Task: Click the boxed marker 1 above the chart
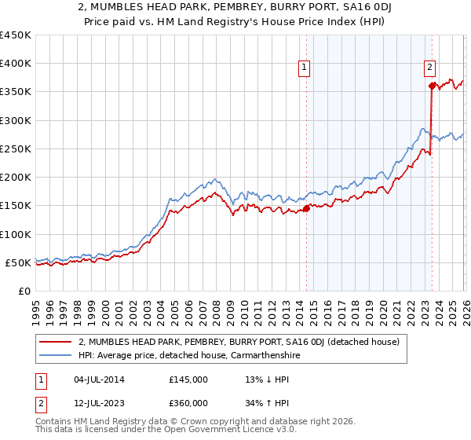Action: click(305, 68)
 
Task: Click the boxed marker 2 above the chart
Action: click(430, 68)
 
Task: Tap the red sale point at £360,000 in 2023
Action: click(431, 86)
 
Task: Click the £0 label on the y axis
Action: click(24, 291)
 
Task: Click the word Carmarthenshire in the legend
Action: click(263, 355)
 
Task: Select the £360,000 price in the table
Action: click(188, 402)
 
